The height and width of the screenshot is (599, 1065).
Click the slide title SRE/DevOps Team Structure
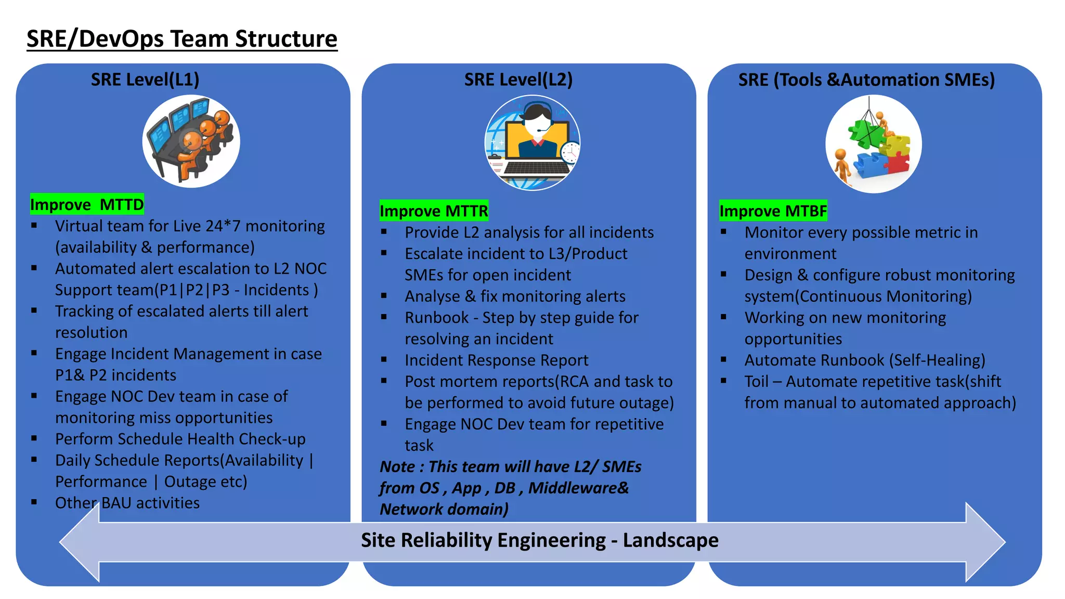[181, 39]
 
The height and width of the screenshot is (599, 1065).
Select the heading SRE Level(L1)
[145, 80]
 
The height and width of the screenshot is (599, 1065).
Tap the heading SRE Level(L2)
[518, 80]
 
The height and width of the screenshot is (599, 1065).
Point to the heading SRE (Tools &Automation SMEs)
[866, 80]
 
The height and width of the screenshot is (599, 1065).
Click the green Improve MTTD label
[87, 204]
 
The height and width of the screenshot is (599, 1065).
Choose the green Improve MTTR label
[434, 211]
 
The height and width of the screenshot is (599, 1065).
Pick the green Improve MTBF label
[773, 211]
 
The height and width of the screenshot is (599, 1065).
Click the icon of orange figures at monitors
[191, 141]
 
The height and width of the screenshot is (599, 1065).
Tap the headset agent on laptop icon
[532, 142]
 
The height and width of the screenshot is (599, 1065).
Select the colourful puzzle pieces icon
[873, 144]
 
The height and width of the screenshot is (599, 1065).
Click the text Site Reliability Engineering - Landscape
[539, 540]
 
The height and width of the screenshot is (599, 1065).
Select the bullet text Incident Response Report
[496, 360]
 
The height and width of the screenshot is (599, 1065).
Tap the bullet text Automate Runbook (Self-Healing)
[864, 360]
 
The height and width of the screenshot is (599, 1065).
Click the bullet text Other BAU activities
[127, 503]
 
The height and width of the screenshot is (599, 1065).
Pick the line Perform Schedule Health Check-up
[180, 439]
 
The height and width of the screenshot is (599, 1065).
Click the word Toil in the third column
[756, 382]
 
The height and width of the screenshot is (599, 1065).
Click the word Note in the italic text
[397, 467]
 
